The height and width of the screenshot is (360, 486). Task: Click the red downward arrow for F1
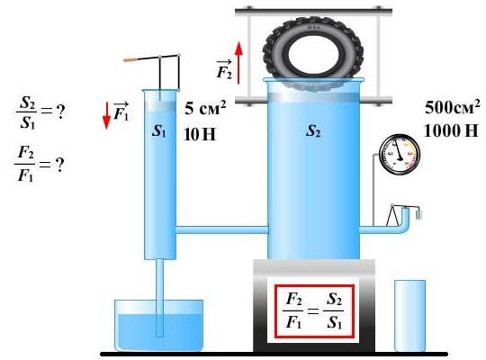pos(106,116)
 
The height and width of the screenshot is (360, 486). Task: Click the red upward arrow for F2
pos(238,63)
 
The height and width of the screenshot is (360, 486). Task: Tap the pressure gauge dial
pos(400,155)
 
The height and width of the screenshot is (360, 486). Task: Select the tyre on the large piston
pos(312,54)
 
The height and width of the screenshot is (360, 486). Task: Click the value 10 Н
pos(200,134)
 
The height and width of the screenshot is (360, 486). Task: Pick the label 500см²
pos(452,106)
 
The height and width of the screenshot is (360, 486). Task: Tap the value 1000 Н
pos(451,130)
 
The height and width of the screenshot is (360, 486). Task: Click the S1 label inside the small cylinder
pos(159,131)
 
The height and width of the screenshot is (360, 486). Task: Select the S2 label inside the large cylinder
pos(313,130)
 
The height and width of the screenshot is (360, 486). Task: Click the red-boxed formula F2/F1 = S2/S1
pos(314,311)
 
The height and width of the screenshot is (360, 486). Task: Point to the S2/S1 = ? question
pos(40,112)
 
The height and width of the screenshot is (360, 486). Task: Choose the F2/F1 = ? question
pos(40,164)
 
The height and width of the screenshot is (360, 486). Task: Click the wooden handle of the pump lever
pos(130,59)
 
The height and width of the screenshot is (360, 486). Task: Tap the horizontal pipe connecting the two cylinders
pos(222,230)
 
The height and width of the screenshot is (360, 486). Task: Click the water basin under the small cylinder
pos(159,326)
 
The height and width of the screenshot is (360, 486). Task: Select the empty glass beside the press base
pos(409,316)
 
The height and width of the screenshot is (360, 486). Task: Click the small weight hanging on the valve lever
pos(418,214)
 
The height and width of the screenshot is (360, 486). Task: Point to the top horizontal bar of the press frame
pos(314,12)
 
